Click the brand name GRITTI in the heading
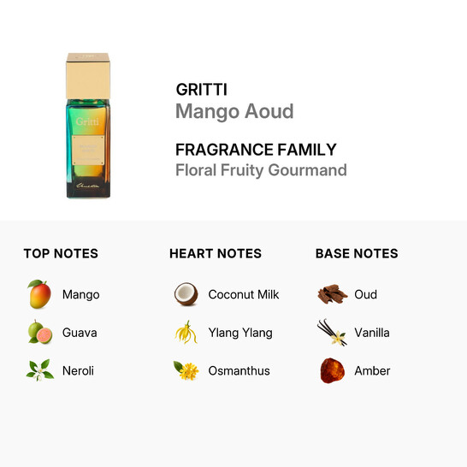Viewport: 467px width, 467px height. pos(201,89)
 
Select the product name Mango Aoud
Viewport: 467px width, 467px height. pos(234,111)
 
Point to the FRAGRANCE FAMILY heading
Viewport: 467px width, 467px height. pos(256,149)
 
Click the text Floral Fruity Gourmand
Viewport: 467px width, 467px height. pos(261,169)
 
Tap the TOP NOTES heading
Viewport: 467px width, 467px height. pos(61,253)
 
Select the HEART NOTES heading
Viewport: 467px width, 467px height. pos(216,253)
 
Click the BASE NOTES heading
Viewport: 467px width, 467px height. pos(357,253)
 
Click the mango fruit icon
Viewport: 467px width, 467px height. pos(38,294)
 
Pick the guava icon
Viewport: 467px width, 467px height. pos(38,332)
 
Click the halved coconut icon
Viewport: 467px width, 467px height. pos(186,294)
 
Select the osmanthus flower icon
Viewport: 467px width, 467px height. pos(186,370)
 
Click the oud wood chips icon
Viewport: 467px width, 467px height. pos(331,294)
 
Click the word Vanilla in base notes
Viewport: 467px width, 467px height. pos(372,332)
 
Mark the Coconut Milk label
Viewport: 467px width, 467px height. pos(244,294)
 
